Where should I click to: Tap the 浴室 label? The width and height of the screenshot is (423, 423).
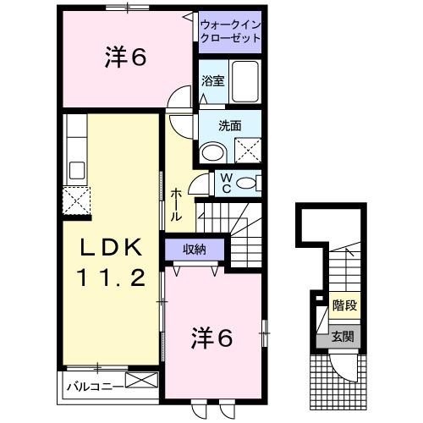(x=212, y=82)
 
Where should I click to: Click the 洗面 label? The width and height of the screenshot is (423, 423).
(x=230, y=125)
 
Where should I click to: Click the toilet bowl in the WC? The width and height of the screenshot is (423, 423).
(x=247, y=183)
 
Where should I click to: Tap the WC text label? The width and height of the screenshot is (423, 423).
(x=227, y=183)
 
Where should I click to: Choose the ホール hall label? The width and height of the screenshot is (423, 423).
(x=176, y=206)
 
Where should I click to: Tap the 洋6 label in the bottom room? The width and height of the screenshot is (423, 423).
(x=211, y=338)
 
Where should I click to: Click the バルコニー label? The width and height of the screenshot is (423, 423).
(x=95, y=387)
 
